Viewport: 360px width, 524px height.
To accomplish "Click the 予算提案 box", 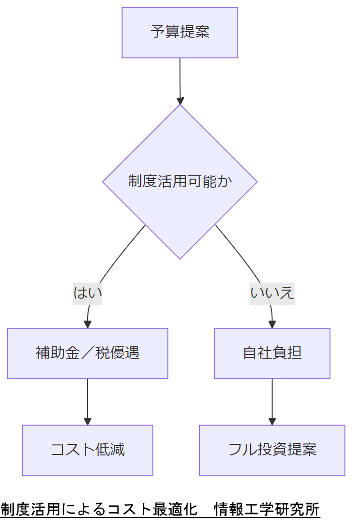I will tap(180, 32).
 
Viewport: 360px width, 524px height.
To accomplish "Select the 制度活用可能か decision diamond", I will tap(180, 181).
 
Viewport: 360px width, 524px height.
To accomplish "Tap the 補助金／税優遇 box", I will tap(88, 353).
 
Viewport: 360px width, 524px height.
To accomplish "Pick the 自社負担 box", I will tap(272, 353).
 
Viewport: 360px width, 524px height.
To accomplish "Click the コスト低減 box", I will tap(88, 450).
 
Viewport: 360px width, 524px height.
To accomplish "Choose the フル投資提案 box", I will tap(272, 450).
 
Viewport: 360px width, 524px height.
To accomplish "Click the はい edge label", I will tap(88, 292).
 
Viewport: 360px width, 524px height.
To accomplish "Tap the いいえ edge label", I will tap(272, 292).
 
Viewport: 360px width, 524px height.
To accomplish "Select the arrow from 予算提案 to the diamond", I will tap(180, 79).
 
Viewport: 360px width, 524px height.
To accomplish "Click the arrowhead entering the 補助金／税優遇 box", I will tap(88, 324).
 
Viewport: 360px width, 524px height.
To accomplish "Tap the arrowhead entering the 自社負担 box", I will tap(272, 324).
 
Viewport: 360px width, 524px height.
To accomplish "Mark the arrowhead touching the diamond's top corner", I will tap(180, 101).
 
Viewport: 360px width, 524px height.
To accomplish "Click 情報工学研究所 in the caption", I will tap(267, 509).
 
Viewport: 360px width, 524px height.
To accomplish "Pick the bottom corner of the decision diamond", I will tap(180, 258).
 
